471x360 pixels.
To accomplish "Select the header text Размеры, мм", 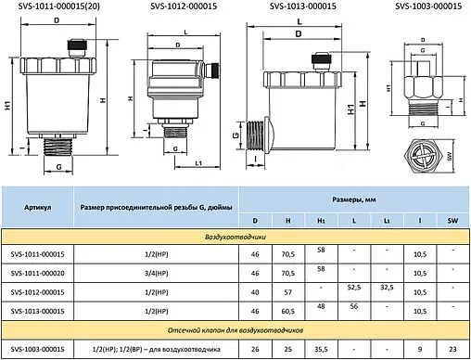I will pyautogui.click(x=355, y=199).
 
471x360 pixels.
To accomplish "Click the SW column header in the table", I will pyautogui.click(x=452, y=222).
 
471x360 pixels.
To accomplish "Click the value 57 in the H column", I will pyautogui.click(x=289, y=291).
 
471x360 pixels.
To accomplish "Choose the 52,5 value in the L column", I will pyautogui.click(x=354, y=288).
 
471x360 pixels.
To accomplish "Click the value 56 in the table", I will pyautogui.click(x=354, y=305).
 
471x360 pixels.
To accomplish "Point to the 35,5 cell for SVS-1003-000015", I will pyautogui.click(x=322, y=349).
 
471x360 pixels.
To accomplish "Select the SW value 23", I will pyautogui.click(x=452, y=349).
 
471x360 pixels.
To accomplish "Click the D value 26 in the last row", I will pyautogui.click(x=256, y=349).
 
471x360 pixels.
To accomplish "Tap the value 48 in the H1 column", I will pyautogui.click(x=322, y=305).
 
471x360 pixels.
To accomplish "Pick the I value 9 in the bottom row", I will pyautogui.click(x=419, y=349).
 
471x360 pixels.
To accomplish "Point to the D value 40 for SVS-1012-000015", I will pyautogui.click(x=256, y=291).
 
